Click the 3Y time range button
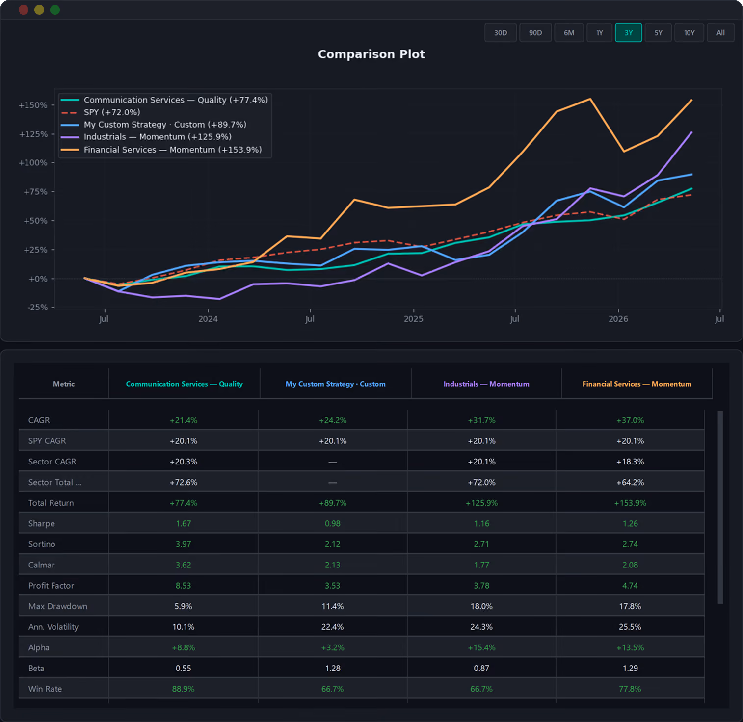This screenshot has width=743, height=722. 628,33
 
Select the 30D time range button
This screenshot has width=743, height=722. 501,33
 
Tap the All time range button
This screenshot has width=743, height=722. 720,33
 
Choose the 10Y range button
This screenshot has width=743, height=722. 690,33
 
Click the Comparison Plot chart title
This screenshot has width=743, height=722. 371,54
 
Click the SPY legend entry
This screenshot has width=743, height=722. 101,112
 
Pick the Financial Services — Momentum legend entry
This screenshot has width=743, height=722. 161,150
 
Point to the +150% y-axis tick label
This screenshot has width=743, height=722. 33,105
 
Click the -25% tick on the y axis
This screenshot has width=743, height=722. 37,308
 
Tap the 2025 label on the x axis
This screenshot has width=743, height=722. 413,319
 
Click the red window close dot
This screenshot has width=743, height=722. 23,10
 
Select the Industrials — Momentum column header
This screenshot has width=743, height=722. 486,384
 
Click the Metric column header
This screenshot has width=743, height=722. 64,384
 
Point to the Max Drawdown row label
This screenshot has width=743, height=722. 58,606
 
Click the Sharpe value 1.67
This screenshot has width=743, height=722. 184,524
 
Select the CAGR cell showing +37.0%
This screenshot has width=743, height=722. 630,420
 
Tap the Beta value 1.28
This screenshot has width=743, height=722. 333,668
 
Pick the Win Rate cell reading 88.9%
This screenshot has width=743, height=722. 184,689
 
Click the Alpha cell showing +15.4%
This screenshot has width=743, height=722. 481,647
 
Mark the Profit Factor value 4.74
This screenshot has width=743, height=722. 630,586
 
